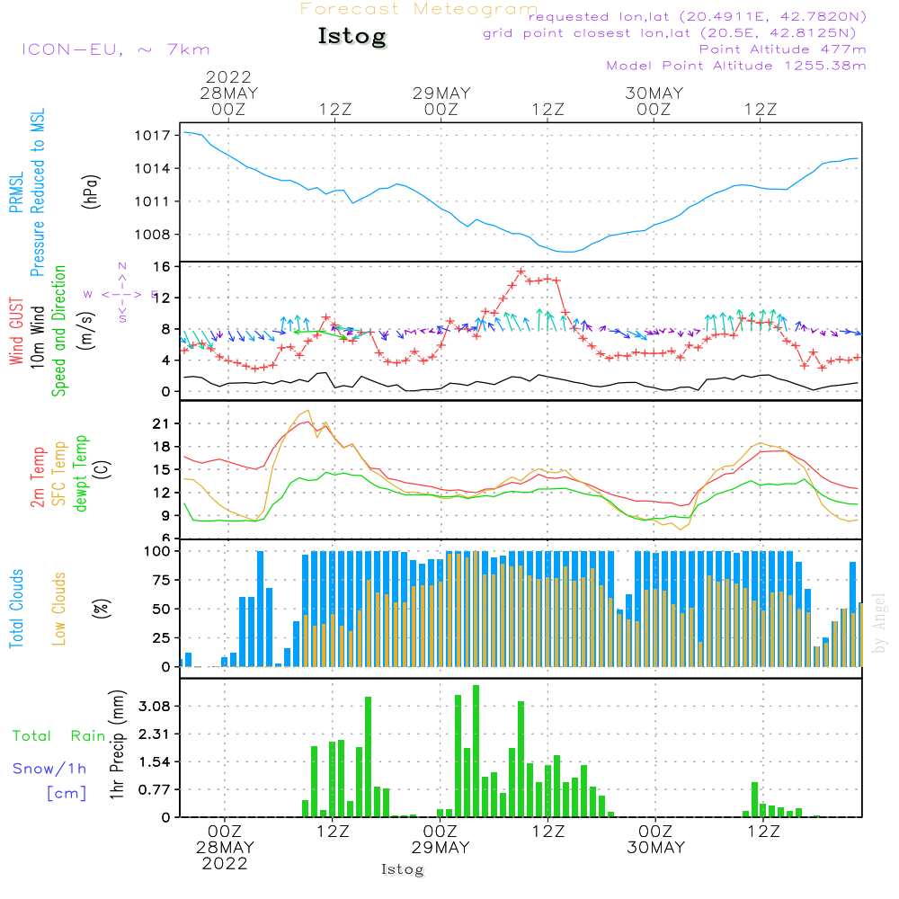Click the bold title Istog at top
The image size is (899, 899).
[352, 37]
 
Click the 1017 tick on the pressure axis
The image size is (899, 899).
[154, 136]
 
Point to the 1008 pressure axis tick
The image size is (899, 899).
[154, 235]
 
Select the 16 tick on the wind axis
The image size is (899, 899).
[162, 267]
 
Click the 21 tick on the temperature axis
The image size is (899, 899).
[162, 423]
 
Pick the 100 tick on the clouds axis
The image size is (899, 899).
[158, 551]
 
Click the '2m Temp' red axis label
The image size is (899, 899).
[38, 475]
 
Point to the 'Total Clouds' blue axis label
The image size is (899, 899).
[16, 609]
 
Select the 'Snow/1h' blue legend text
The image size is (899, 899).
[49, 769]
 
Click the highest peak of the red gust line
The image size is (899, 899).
[521, 271]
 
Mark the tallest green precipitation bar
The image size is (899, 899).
[476, 750]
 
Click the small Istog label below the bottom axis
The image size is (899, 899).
[402, 869]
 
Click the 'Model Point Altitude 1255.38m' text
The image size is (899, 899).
[736, 66]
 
